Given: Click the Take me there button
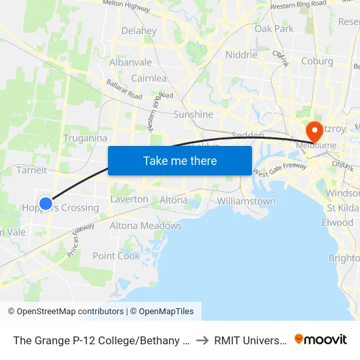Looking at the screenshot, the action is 180,160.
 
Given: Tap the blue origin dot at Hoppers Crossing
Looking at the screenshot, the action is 46,204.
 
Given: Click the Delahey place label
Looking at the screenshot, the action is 139,31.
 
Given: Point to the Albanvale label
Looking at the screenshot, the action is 131,63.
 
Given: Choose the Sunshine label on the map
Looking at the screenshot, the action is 193,115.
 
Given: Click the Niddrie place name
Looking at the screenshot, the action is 241,55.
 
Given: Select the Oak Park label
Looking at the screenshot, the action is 274,29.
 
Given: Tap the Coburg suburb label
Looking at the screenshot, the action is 317,62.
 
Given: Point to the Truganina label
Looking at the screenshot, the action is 85,138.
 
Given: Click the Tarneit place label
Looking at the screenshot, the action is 31,170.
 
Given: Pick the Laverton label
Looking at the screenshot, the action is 129,199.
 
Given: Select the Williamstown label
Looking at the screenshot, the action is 246,201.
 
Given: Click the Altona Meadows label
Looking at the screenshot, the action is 145,226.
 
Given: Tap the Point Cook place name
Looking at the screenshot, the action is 117,256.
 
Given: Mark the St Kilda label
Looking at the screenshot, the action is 343,208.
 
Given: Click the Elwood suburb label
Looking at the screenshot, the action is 337,223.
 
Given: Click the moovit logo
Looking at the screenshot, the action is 321,339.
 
